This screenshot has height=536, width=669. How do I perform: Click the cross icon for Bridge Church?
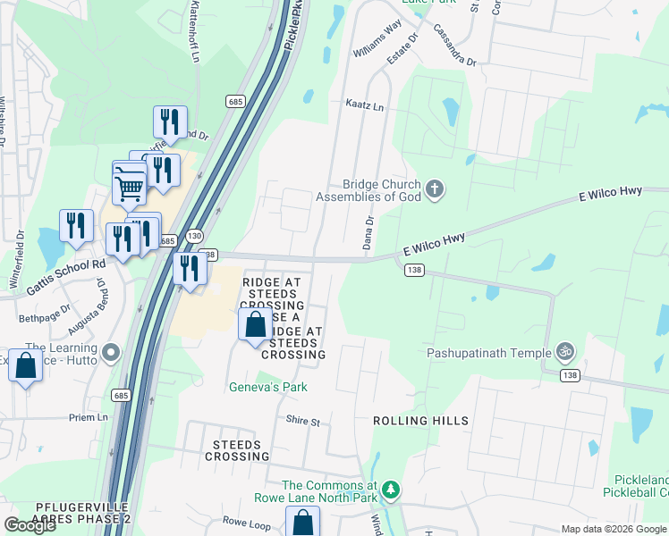pos(435,188)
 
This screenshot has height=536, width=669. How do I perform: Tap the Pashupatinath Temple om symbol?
pos(564,352)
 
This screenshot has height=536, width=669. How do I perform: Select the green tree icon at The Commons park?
pos(390,489)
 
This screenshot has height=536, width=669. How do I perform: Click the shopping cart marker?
pos(130,188)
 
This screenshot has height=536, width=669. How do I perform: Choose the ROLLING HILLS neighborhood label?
pos(420,421)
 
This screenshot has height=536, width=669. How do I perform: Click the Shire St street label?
pos(303,420)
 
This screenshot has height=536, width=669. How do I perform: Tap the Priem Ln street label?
pos(89,417)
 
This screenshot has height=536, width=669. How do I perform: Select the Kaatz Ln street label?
pos(364,106)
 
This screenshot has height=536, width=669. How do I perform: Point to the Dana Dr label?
pos(368,231)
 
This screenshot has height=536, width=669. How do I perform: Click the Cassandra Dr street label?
pos(455,44)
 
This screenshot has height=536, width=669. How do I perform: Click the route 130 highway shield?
pos(192,235)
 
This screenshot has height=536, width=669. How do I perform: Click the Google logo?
pos(30,525)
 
